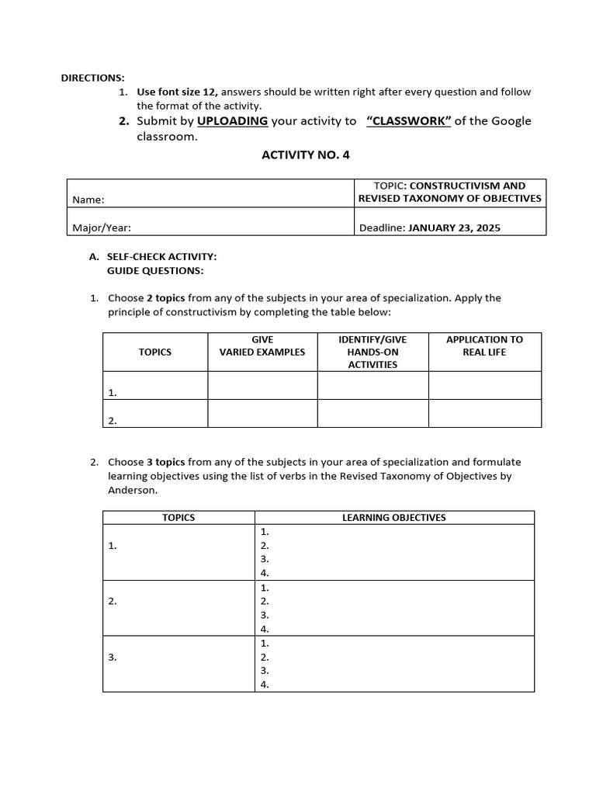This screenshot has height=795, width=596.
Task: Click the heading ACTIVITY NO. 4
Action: point(306,154)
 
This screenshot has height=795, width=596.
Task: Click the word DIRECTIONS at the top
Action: point(92,78)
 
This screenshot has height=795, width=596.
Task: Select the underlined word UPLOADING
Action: point(232,121)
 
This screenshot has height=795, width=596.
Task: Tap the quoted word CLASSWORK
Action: point(408,121)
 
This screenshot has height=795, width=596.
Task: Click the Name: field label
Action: point(88,200)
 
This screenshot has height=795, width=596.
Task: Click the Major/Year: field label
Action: point(102,228)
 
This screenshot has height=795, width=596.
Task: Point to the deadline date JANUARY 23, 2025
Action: point(454,228)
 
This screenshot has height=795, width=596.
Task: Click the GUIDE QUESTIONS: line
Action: point(155,270)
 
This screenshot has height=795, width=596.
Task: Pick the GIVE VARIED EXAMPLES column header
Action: point(262,345)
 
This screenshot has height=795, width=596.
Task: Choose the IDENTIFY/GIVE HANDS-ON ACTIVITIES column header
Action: point(372,352)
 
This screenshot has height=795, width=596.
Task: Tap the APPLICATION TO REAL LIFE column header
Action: point(484,345)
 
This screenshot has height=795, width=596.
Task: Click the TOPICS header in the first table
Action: point(155,352)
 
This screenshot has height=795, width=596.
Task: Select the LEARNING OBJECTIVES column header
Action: point(394,517)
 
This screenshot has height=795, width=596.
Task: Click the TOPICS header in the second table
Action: point(178,517)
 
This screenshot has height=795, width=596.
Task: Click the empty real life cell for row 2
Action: point(484,413)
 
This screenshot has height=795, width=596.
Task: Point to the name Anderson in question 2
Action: point(132,490)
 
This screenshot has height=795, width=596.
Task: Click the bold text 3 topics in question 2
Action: point(166,462)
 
